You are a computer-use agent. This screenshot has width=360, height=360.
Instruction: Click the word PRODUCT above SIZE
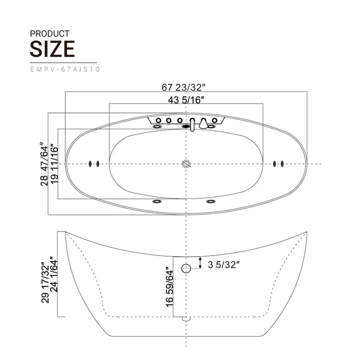pyautogui.click(x=50, y=33)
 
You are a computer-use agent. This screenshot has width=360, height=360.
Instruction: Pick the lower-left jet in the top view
pyautogui.click(x=156, y=201)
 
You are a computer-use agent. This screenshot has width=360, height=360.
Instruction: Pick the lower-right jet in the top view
pyautogui.click(x=211, y=201)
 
